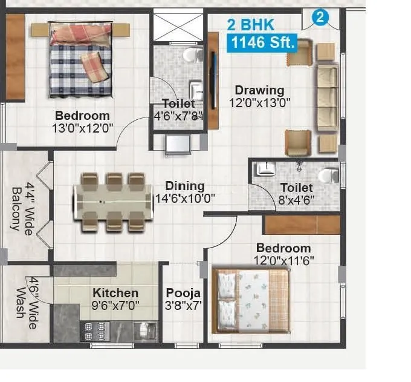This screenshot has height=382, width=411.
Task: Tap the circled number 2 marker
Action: (320, 18)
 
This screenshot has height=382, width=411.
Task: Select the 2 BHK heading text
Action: (250, 25)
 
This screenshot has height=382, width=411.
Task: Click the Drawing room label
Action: (259, 91)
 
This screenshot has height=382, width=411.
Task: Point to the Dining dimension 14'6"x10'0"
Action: (186, 198)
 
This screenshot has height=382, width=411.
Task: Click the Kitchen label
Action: (115, 293)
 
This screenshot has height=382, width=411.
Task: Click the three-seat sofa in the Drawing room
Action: (328, 96)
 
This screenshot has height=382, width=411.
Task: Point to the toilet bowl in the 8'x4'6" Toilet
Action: (328, 175)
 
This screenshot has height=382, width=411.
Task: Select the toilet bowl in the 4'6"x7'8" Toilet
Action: (193, 56)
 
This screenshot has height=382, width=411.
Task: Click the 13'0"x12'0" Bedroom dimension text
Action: (83, 128)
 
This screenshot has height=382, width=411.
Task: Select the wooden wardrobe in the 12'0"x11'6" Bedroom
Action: (302, 225)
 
